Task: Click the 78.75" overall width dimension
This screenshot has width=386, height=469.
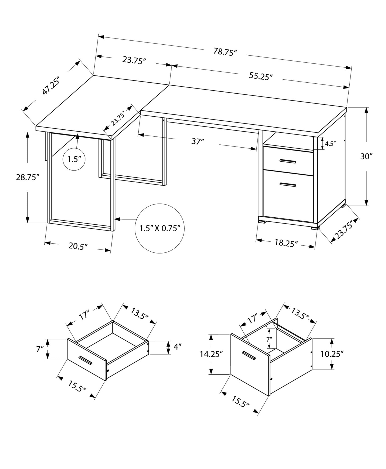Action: click(225, 52)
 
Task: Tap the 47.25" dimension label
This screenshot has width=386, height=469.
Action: click(51, 85)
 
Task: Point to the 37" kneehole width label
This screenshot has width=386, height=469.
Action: click(197, 141)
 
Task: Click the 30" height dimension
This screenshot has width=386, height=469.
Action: click(366, 156)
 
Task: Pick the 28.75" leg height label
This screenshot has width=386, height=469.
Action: click(28, 177)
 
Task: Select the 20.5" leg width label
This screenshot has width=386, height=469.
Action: click(78, 246)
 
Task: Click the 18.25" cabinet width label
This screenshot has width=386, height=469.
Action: click(286, 243)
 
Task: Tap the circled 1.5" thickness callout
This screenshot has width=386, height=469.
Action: click(74, 159)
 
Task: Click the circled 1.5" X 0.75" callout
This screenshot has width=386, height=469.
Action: click(160, 228)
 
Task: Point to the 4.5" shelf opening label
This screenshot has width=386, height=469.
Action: click(330, 144)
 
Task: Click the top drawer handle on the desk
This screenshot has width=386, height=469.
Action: click(288, 161)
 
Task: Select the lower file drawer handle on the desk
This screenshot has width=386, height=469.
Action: click(288, 184)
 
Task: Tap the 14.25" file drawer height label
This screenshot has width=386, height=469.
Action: click(211, 354)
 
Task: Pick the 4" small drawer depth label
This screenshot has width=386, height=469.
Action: click(177, 347)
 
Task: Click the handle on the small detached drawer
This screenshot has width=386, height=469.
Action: click(85, 360)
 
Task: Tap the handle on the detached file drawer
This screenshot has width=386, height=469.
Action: click(249, 356)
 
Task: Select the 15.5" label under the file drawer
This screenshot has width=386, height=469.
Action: click(240, 402)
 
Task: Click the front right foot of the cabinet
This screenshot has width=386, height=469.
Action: click(315, 228)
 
